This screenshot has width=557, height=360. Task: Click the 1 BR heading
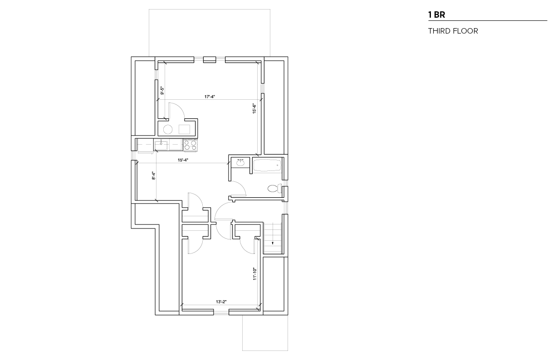(x=436, y=15)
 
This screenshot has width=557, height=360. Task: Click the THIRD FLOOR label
(x=453, y=31)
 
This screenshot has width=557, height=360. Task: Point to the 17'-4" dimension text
(x=210, y=97)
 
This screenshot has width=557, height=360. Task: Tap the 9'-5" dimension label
(x=162, y=91)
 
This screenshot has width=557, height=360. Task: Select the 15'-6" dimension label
(x=254, y=109)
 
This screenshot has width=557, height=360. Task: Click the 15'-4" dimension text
(x=183, y=160)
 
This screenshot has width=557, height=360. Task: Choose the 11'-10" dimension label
(x=254, y=274)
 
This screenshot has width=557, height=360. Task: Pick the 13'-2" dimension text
(x=221, y=302)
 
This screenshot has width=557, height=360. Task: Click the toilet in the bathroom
(x=274, y=188)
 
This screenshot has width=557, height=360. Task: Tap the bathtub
(x=267, y=165)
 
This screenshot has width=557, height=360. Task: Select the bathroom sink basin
(x=240, y=163)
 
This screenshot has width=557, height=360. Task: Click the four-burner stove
(x=191, y=145)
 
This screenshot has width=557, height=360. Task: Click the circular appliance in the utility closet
(x=168, y=130)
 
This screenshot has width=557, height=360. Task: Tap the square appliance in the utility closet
(x=184, y=130)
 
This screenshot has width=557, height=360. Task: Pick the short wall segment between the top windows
(x=210, y=60)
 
